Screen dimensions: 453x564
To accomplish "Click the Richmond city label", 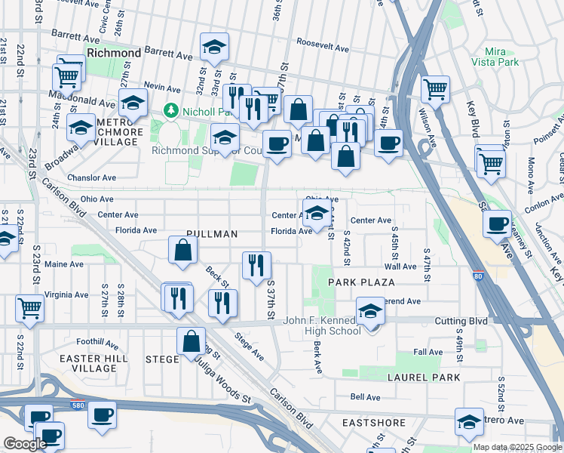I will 114,54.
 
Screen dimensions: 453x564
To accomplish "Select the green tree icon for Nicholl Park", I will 171,112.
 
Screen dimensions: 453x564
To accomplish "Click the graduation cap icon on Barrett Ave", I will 214,48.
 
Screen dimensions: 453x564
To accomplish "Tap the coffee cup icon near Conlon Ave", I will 498,223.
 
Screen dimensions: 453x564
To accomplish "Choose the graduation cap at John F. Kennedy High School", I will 370,311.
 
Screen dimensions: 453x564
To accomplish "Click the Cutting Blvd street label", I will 461,321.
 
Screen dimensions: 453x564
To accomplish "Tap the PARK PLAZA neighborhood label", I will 361,282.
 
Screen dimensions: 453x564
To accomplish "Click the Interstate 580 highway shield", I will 77,404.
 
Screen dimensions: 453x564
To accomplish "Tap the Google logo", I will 25,444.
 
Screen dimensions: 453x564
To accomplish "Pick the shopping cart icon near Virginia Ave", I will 29,307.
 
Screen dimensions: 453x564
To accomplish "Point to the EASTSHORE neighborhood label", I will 369,422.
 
